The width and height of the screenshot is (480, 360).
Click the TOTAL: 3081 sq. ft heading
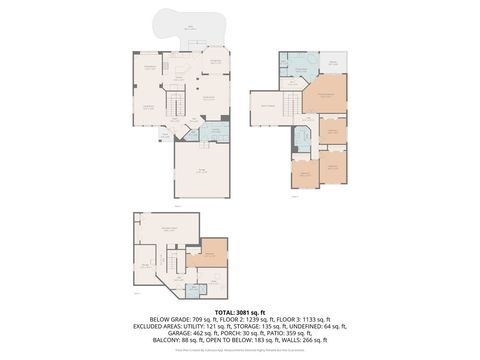point(239,312)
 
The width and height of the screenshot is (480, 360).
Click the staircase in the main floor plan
point(176,104)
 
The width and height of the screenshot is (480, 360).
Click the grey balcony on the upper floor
point(333,62)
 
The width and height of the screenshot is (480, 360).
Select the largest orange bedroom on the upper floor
point(322,98)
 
